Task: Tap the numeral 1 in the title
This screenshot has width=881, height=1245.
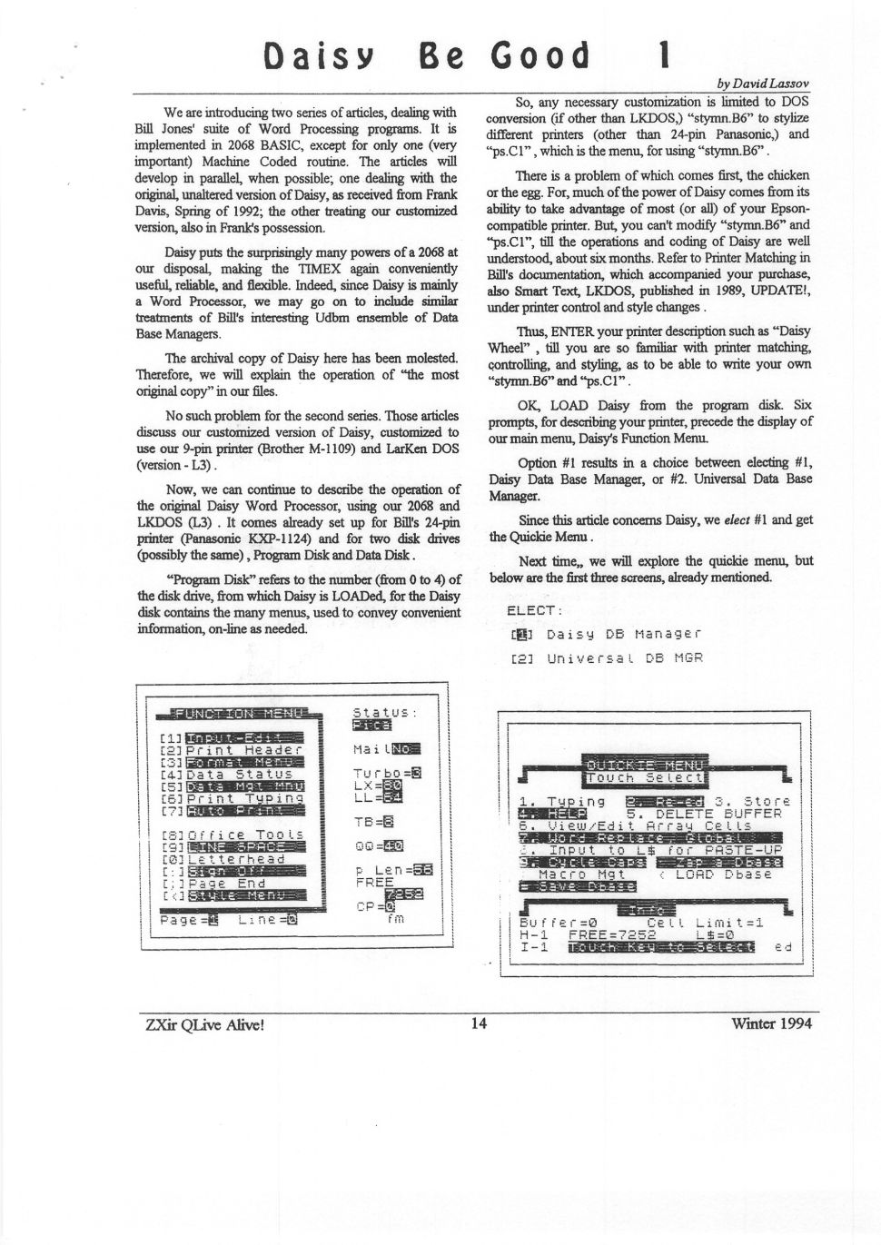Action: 665,55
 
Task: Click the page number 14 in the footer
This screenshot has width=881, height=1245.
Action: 479,1023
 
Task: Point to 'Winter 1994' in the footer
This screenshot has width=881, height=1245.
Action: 771,1023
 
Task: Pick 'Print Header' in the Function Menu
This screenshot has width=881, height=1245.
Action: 243,750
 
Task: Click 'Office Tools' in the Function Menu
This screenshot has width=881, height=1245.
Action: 243,834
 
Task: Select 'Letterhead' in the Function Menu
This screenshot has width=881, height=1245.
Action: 235,858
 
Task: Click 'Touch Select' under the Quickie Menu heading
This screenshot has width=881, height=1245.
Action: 646,777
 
